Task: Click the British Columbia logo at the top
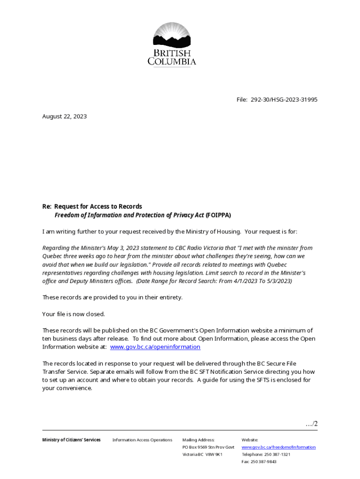(172, 45)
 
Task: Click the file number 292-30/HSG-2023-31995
(284, 100)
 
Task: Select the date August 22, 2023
(65, 116)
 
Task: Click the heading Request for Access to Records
(98, 206)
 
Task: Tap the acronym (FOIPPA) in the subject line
(218, 215)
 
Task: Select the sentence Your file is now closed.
(73, 314)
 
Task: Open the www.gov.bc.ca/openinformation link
(155, 347)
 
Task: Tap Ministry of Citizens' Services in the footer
(71, 440)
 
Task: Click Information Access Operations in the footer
(142, 440)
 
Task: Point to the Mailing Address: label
(198, 440)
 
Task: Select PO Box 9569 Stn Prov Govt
(208, 447)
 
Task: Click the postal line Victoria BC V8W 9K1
(202, 454)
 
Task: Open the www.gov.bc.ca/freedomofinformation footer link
(278, 447)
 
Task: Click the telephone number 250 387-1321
(274, 454)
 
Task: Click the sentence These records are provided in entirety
(112, 298)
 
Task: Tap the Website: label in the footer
(250, 440)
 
